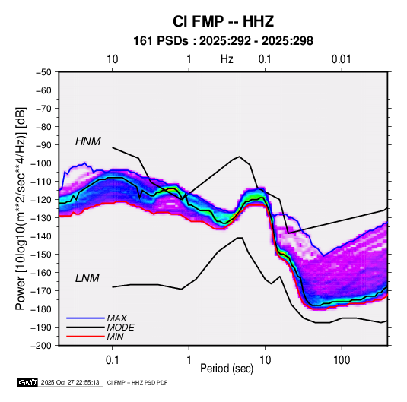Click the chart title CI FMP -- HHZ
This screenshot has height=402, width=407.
(223, 21)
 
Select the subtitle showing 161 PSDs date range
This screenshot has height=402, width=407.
(223, 41)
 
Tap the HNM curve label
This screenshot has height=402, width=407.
(88, 141)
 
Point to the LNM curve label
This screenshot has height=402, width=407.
(87, 278)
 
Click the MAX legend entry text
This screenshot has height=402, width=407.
(117, 318)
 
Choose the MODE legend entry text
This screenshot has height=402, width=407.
(121, 328)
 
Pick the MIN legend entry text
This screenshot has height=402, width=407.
(115, 337)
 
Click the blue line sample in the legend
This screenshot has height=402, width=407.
(85, 318)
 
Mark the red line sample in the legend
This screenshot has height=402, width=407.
(85, 337)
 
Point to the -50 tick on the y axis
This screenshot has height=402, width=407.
(43, 72)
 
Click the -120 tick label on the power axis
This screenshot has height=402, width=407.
(42, 200)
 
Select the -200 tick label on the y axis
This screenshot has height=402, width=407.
(42, 346)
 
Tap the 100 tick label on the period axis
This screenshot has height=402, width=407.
(342, 360)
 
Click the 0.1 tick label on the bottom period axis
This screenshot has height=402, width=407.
(112, 360)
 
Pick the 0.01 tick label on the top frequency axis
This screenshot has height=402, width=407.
(342, 59)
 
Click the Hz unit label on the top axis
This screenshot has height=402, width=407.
(227, 59)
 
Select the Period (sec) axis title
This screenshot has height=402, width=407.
(227, 369)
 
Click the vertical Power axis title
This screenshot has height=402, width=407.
(21, 209)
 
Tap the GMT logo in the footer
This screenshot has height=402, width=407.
(27, 382)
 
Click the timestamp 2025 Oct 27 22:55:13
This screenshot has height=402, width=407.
(70, 382)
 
